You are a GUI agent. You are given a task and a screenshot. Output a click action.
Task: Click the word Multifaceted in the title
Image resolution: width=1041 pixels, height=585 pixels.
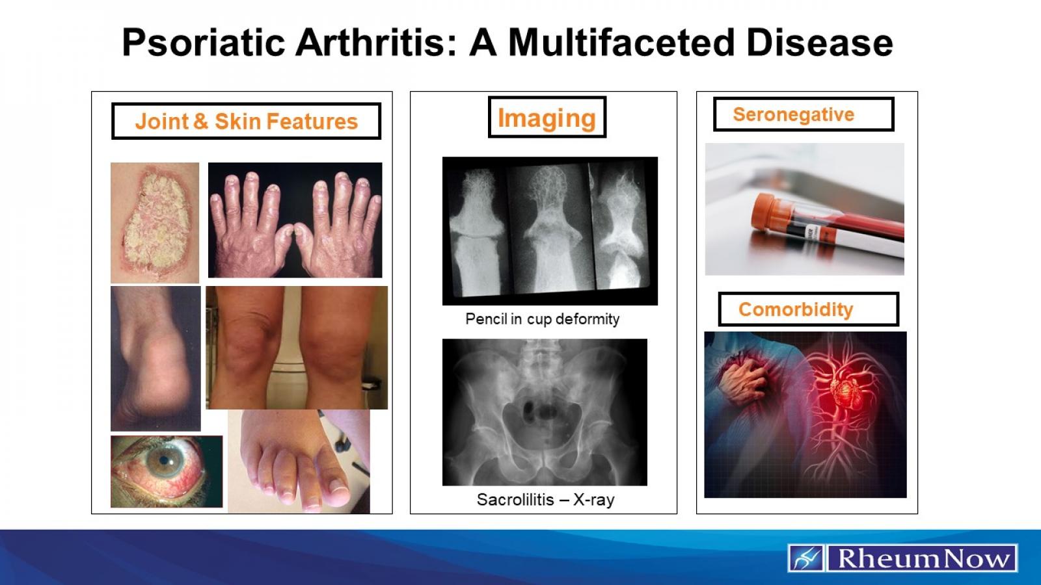click(621, 43)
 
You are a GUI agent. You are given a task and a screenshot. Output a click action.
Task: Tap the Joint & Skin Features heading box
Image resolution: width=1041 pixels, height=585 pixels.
click(246, 122)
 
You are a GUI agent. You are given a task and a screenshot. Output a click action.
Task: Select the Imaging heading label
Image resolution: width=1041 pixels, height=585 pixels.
click(547, 118)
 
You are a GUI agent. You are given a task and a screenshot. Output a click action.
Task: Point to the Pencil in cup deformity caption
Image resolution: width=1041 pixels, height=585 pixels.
click(542, 319)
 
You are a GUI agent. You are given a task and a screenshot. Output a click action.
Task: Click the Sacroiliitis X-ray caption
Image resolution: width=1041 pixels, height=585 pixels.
click(545, 500)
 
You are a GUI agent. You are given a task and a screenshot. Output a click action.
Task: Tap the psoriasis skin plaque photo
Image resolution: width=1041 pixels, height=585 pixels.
click(155, 222)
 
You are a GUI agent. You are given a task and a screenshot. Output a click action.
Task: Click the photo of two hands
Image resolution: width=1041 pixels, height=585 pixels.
click(295, 220)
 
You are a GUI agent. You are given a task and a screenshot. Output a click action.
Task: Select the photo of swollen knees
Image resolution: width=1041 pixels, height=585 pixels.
click(296, 348)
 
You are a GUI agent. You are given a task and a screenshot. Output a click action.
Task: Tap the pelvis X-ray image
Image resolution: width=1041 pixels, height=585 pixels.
click(545, 412)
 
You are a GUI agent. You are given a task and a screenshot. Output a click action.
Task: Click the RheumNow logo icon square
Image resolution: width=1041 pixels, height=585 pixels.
click(806, 558)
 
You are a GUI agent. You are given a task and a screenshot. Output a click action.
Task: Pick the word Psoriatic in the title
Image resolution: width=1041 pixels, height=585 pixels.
click(204, 43)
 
